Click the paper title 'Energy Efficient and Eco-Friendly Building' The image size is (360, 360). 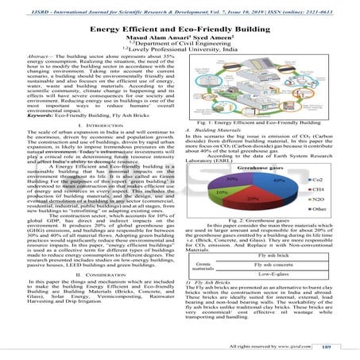tap(180, 29)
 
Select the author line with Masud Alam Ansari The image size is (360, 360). tap(180, 38)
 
